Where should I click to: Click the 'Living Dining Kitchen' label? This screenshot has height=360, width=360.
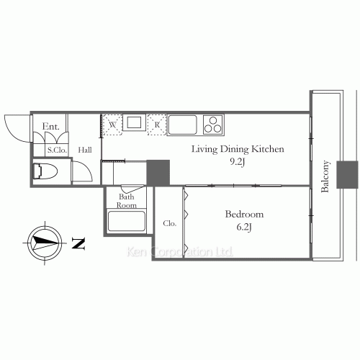[x=238, y=149]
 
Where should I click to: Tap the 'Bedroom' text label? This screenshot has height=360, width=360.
[x=244, y=215]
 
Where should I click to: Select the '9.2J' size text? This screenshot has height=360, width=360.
[x=238, y=162]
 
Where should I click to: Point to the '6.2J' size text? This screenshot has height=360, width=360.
[x=244, y=227]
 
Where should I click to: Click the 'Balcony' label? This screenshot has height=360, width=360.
[x=325, y=177]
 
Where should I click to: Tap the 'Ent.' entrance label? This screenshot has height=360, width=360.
[x=50, y=127]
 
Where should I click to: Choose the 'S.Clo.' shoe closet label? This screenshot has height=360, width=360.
[x=57, y=150]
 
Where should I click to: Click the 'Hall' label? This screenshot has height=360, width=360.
[x=85, y=150]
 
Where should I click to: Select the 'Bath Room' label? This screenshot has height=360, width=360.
[x=127, y=200]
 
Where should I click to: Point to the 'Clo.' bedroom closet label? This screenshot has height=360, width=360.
[x=170, y=223]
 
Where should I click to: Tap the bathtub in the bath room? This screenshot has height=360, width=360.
[x=127, y=221]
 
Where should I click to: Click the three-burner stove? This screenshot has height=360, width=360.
[x=213, y=124]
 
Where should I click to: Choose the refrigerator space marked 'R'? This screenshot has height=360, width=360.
[x=157, y=124]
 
